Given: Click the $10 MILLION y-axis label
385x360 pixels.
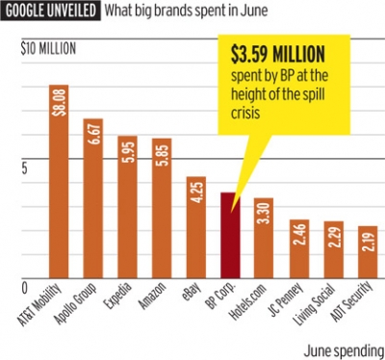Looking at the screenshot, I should click(49, 48).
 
